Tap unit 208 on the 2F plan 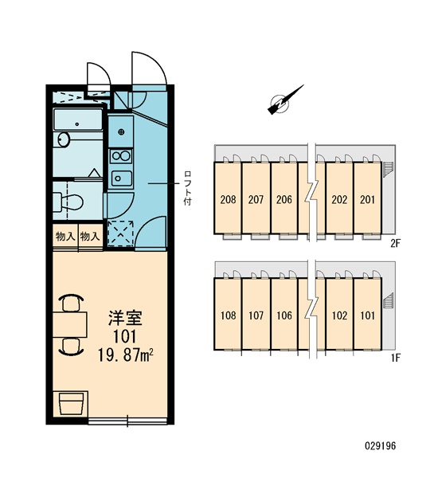(228, 200)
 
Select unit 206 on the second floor (284, 200)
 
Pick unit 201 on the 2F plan (367, 200)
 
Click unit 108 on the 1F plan (228, 315)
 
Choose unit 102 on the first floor (339, 315)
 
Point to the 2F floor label (395, 243)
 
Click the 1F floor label (395, 358)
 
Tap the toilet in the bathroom (68, 202)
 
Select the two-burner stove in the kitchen (121, 156)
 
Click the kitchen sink (121, 178)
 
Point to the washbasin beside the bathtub (64, 140)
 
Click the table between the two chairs (70, 324)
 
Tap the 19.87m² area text (125, 355)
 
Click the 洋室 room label (125, 317)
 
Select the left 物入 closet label (65, 237)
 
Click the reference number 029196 (381, 446)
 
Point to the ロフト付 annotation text (188, 188)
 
